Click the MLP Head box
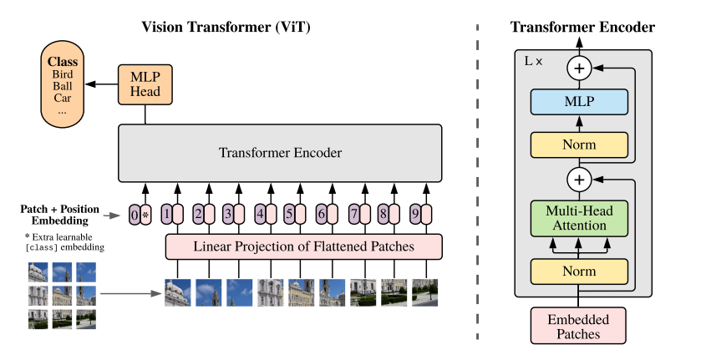[145, 84]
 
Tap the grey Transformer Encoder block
[280, 153]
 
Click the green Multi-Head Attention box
[579, 220]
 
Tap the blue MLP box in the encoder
[579, 102]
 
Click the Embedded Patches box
[579, 326]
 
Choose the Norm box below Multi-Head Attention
[579, 271]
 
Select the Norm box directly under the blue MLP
[579, 145]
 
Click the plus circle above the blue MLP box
[579, 67]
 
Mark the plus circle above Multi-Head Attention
[579, 178]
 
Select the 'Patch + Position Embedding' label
[59, 214]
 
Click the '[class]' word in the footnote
[41, 248]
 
